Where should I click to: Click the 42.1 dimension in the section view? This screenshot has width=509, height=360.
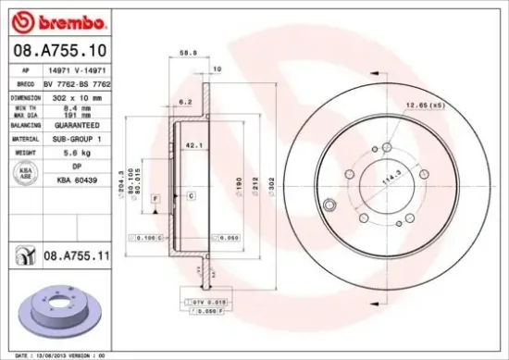click(193, 144)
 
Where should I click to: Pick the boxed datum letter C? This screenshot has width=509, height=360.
click(190, 196)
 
